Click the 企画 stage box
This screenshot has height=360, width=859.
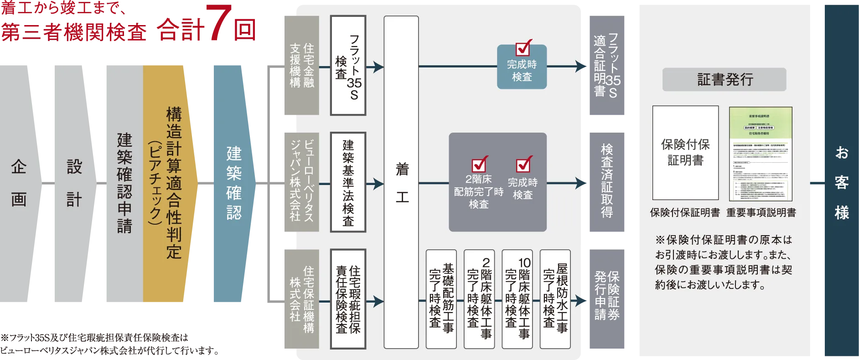(x=19, y=182)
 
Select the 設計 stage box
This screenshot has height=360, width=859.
(x=74, y=182)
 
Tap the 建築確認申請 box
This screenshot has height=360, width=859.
(x=124, y=182)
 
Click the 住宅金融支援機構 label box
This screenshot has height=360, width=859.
(x=301, y=66)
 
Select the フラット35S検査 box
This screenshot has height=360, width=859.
(x=348, y=66)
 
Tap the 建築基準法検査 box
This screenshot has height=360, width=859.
(x=348, y=183)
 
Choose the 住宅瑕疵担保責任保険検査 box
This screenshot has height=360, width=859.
(x=348, y=299)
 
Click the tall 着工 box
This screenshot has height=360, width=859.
(x=401, y=182)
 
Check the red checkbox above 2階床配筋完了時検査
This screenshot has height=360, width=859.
(x=479, y=165)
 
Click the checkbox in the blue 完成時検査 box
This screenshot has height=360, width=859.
(x=523, y=48)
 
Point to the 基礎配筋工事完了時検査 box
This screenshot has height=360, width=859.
(x=441, y=299)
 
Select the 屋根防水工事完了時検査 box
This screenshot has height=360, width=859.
(x=555, y=299)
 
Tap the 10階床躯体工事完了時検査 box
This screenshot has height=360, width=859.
(x=517, y=299)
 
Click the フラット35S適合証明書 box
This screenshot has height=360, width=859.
(x=607, y=66)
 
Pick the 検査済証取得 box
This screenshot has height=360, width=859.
(x=607, y=182)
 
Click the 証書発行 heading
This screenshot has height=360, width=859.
(x=724, y=80)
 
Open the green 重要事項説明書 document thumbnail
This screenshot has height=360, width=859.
(x=761, y=154)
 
